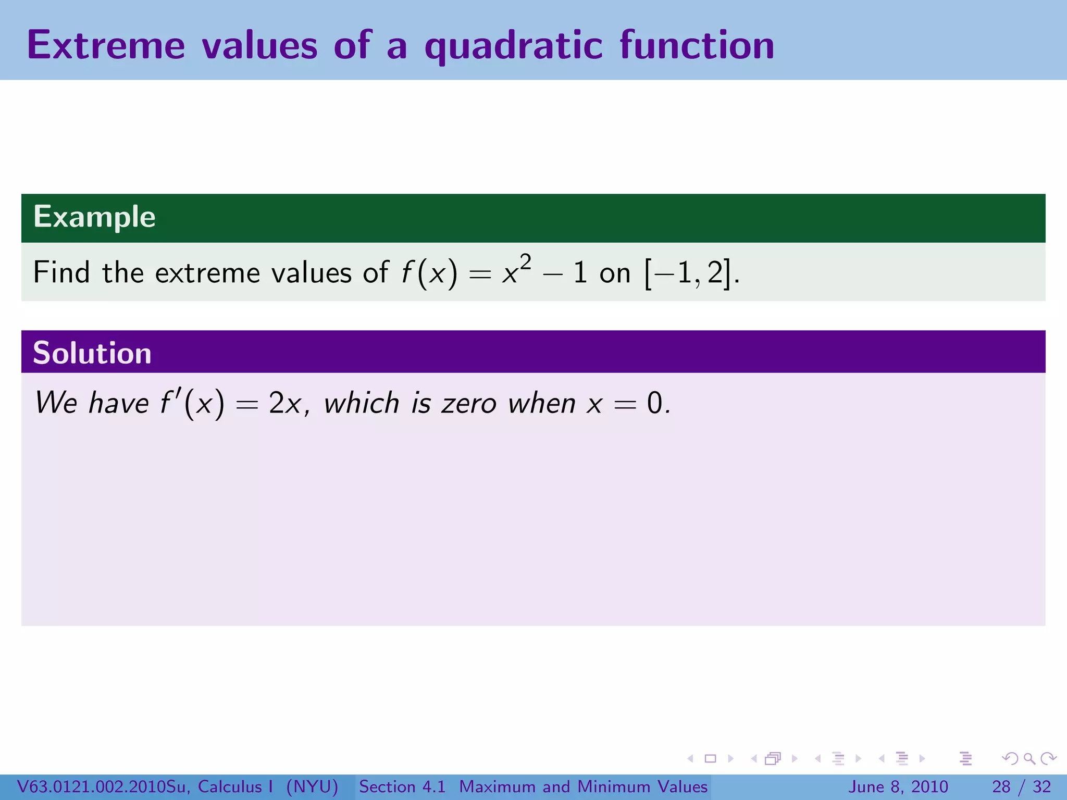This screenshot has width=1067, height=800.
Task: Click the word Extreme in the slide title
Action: pyautogui.click(x=106, y=45)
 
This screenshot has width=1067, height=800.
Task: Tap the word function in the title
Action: pyautogui.click(x=697, y=45)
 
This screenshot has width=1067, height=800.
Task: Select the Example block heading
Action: pyautogui.click(x=94, y=217)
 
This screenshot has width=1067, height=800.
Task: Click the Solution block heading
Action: pyautogui.click(x=92, y=353)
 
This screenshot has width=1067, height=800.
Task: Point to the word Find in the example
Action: pyautogui.click(x=61, y=272)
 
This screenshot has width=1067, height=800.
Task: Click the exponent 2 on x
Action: pyautogui.click(x=525, y=261)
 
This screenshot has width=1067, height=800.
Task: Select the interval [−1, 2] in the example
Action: pyautogui.click(x=687, y=273)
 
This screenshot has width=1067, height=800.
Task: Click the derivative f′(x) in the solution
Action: pyautogui.click(x=192, y=404)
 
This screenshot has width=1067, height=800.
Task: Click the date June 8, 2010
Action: pyautogui.click(x=898, y=786)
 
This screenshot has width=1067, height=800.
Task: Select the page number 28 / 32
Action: pyautogui.click(x=1021, y=786)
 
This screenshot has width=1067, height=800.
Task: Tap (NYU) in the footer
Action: pyautogui.click(x=312, y=786)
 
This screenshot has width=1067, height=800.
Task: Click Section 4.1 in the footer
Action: pyautogui.click(x=402, y=786)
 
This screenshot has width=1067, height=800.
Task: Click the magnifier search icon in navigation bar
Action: pyautogui.click(x=1029, y=759)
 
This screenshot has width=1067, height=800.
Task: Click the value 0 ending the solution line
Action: pyautogui.click(x=654, y=404)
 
